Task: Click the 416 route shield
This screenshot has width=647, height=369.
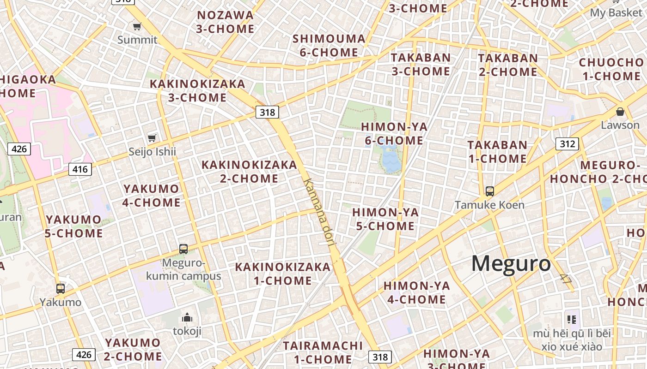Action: pyautogui.click(x=80, y=169)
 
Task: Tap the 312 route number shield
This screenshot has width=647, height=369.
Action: pyautogui.click(x=567, y=144)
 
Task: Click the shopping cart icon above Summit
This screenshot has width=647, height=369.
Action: pyautogui.click(x=137, y=26)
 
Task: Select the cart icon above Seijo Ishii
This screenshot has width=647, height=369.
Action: pyautogui.click(x=152, y=138)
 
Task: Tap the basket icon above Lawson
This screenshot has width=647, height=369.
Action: pyautogui.click(x=620, y=112)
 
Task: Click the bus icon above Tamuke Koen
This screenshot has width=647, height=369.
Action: pyautogui.click(x=489, y=191)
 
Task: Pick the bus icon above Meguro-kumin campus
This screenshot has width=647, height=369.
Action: pyautogui.click(x=183, y=249)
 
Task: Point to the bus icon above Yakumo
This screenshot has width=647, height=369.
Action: pyautogui.click(x=60, y=289)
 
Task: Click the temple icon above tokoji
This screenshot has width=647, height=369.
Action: pyautogui.click(x=187, y=317)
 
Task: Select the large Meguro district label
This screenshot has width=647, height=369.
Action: pyautogui.click(x=511, y=264)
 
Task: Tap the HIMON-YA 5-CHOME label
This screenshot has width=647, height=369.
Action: pyautogui.click(x=385, y=219)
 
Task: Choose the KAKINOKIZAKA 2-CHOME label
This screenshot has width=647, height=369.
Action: pyautogui.click(x=249, y=172)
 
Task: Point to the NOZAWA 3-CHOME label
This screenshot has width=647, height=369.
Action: pyautogui.click(x=225, y=22)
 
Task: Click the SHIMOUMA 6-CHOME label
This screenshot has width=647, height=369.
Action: pyautogui.click(x=329, y=45)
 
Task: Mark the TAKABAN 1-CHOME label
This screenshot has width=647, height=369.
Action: pyautogui.click(x=497, y=152)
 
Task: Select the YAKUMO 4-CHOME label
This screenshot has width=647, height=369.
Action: pyautogui.click(x=151, y=196)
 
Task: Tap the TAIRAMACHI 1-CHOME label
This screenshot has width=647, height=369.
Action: pyautogui.click(x=323, y=352)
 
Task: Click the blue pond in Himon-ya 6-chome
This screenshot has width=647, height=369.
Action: pyautogui.click(x=391, y=159)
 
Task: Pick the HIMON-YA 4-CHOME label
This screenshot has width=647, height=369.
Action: pyautogui.click(x=416, y=292)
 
